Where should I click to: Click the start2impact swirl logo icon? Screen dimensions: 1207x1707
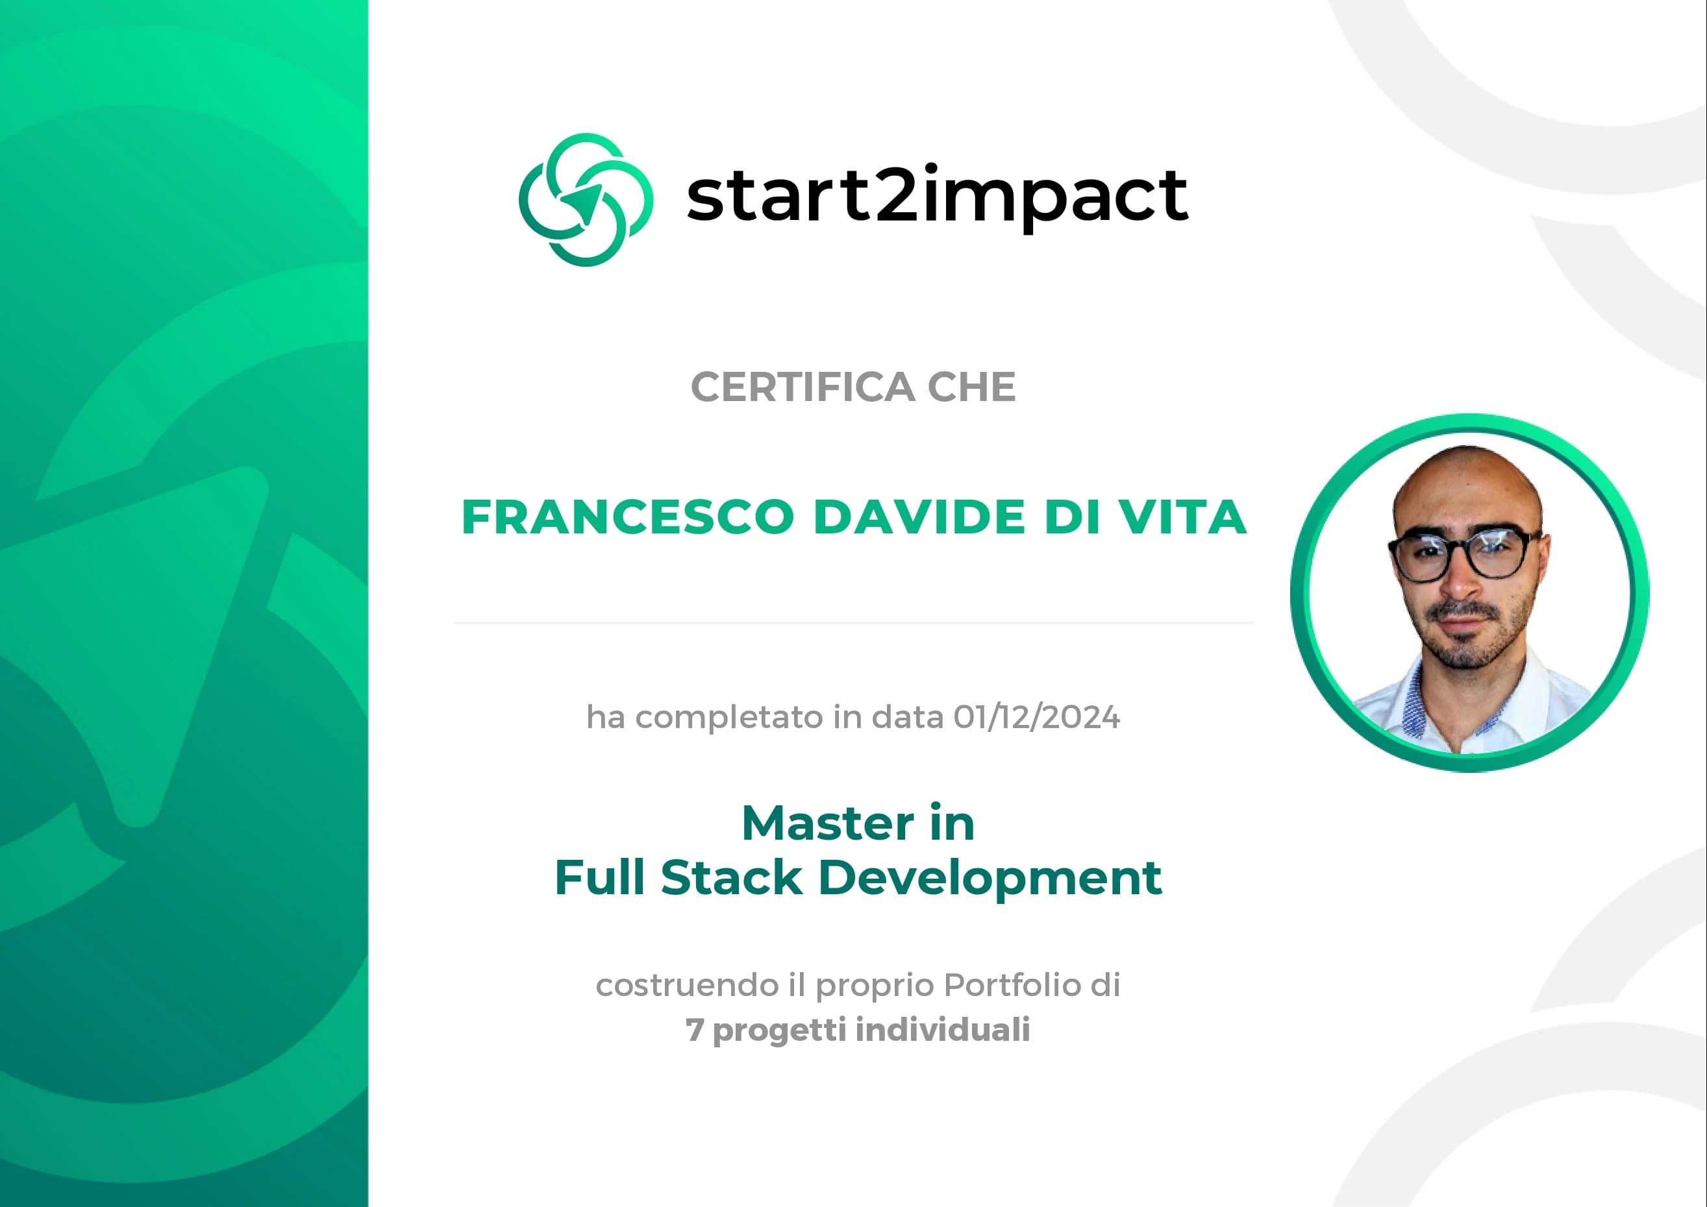click(586, 199)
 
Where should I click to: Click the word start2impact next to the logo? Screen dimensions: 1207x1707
click(937, 195)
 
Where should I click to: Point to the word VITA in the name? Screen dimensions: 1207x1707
click(1183, 517)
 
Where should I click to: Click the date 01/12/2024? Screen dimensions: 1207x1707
click(1036, 717)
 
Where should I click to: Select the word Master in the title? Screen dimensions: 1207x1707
click(827, 823)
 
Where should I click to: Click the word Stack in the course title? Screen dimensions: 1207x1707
click(732, 878)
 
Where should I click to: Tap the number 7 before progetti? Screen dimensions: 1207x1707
click(693, 1030)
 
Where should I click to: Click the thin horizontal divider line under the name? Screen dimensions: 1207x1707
click(853, 623)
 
